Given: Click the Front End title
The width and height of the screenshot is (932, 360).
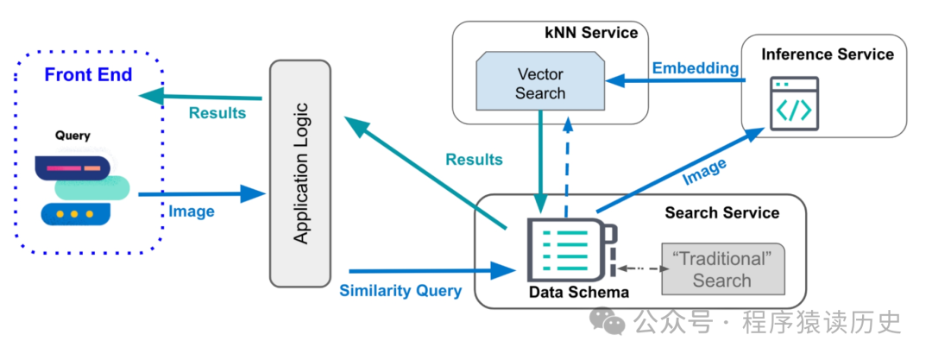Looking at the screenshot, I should pyautogui.click(x=88, y=75).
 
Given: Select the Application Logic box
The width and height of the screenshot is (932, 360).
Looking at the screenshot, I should pyautogui.click(x=300, y=173).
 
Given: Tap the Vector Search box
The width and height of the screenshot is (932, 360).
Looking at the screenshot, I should pyautogui.click(x=540, y=83).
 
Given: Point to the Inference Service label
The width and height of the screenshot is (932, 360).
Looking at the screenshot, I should pyautogui.click(x=828, y=54).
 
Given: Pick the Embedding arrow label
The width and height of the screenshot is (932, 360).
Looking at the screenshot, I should pyautogui.click(x=695, y=68).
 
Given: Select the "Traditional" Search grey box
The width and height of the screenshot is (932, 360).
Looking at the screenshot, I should pyautogui.click(x=721, y=269).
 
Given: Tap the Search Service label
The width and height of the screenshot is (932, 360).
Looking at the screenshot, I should pyautogui.click(x=721, y=212).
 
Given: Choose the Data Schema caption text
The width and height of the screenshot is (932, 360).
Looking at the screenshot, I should pyautogui.click(x=579, y=293).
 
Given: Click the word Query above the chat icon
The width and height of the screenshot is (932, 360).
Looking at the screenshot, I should pyautogui.click(x=72, y=136).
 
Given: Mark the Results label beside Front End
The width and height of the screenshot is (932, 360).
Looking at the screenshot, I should pyautogui.click(x=217, y=113).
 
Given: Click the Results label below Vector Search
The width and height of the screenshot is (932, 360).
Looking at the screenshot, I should pyautogui.click(x=474, y=160).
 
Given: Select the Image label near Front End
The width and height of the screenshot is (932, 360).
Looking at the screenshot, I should pyautogui.click(x=192, y=211).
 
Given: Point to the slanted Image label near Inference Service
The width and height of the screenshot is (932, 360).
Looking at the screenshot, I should pyautogui.click(x=704, y=171).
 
